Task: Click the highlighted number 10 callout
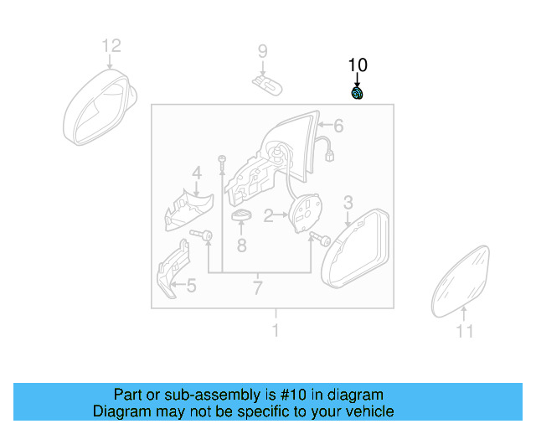(358, 65)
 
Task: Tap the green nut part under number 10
(358, 93)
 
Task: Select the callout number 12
(111, 46)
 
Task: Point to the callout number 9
(262, 52)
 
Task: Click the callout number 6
(339, 127)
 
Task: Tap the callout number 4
(197, 173)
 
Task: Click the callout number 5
(191, 287)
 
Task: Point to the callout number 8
(241, 246)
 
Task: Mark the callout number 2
(269, 216)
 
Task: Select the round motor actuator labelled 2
(303, 211)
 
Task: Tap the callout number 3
(348, 202)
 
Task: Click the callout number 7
(257, 289)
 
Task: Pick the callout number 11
(465, 331)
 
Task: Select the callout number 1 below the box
(275, 330)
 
